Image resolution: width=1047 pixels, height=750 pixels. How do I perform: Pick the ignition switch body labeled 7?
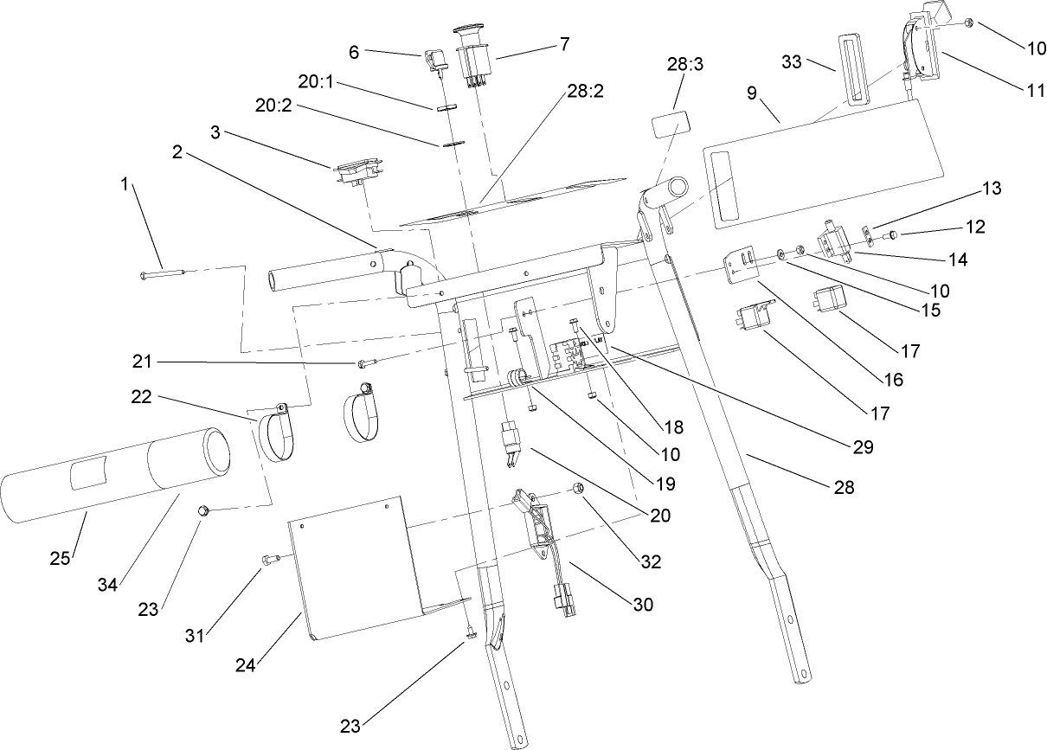pos(472,57)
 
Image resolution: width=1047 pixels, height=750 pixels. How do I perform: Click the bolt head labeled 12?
pos(892,234)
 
